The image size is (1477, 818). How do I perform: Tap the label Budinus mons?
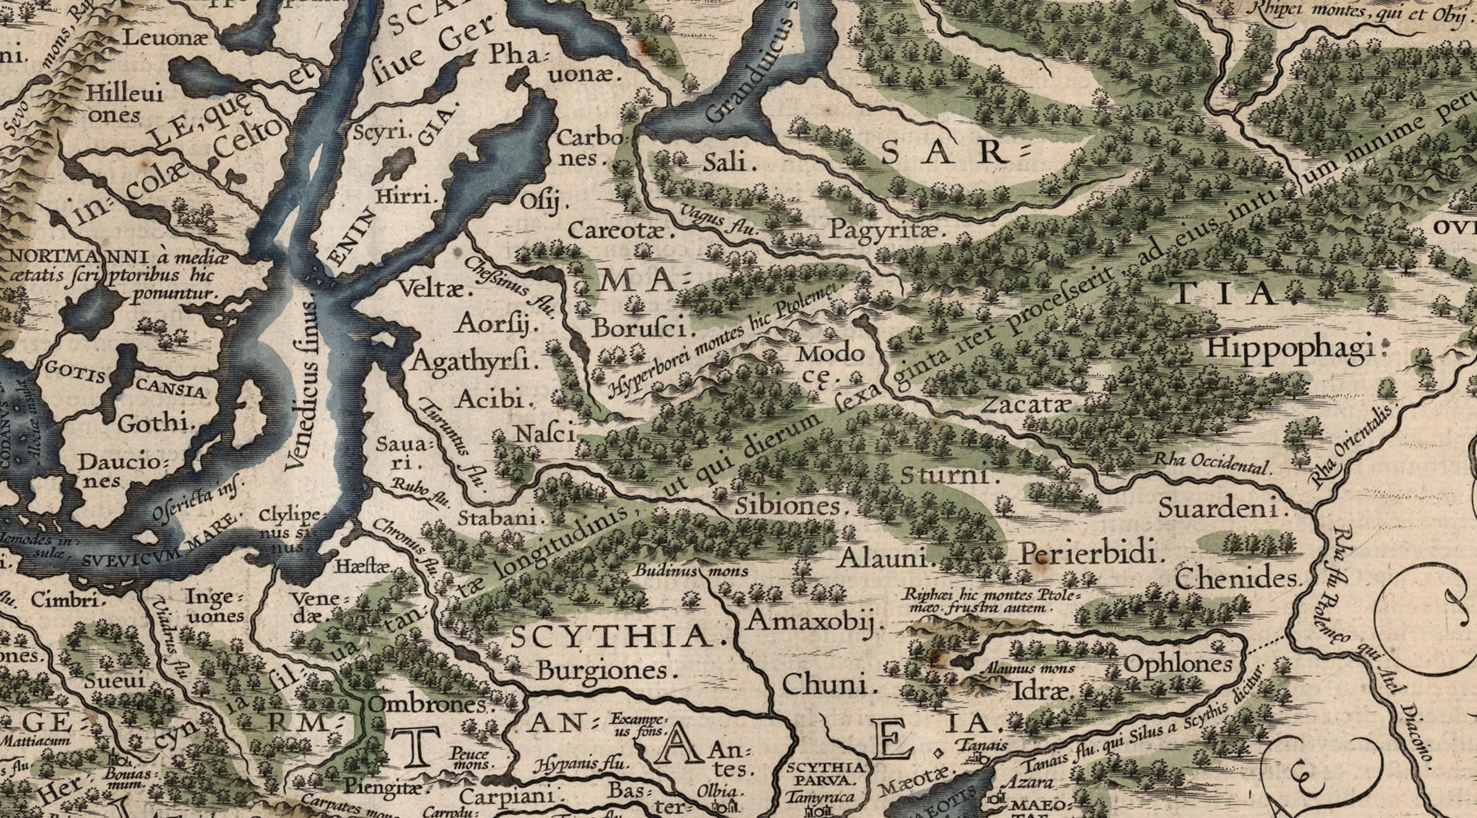coord(691,570)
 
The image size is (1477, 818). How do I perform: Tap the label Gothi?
coord(155,423)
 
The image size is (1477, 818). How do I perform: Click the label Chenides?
coord(1238,579)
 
